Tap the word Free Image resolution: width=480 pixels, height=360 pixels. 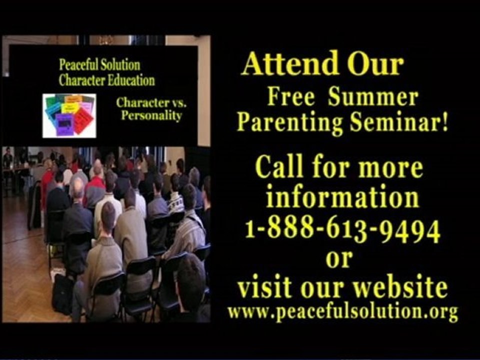[x=291, y=97]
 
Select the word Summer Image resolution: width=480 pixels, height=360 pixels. [x=372, y=97]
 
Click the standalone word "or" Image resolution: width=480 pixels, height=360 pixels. [x=339, y=258]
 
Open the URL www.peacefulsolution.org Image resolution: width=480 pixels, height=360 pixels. [x=342, y=312]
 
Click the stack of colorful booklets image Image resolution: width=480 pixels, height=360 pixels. [x=69, y=115]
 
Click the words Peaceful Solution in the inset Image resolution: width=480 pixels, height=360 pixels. [x=99, y=65]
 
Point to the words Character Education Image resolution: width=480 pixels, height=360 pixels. [x=106, y=80]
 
